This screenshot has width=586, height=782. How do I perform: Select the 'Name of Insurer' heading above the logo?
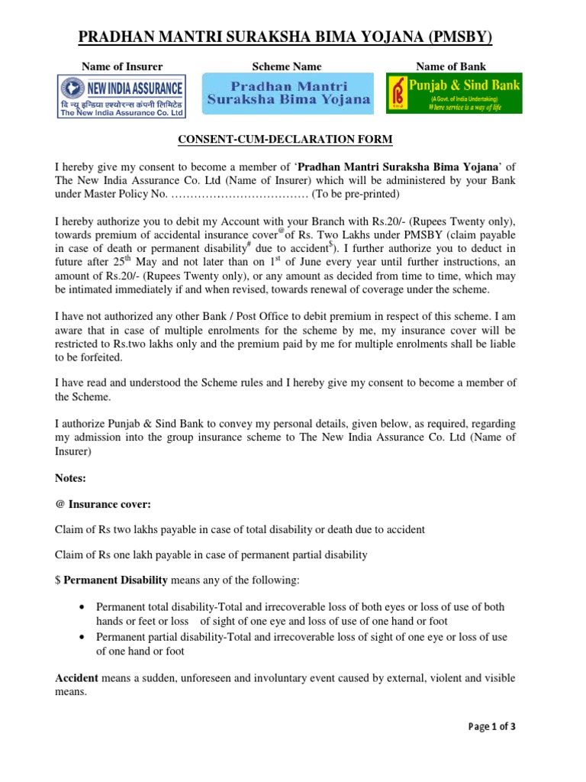(x=122, y=66)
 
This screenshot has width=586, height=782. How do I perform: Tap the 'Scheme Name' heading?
(x=286, y=66)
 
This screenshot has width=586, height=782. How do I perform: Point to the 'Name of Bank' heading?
(x=450, y=66)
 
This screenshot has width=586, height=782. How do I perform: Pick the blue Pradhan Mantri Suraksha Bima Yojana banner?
(x=288, y=94)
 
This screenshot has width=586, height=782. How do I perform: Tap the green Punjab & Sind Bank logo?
(x=454, y=94)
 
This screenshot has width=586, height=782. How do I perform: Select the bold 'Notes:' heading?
(x=71, y=478)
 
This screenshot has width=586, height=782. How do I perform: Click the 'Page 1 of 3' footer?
(x=492, y=727)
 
